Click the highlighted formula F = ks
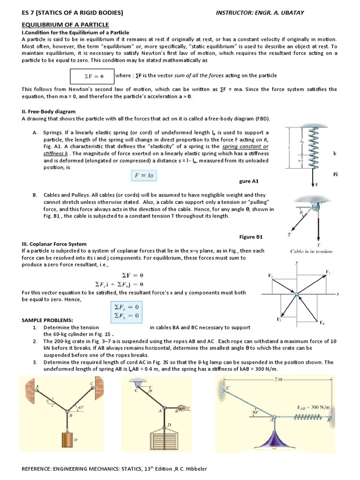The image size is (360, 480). (x=144, y=176)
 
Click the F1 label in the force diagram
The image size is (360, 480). (x=328, y=271)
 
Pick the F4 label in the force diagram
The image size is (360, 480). (x=322, y=323)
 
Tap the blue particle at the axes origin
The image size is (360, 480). (x=296, y=294)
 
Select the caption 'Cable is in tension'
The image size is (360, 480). (x=311, y=251)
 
